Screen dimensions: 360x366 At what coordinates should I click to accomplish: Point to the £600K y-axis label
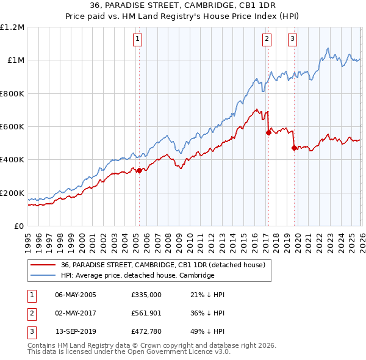coord(12,127)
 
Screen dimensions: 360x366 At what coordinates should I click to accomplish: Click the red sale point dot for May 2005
coord(139,170)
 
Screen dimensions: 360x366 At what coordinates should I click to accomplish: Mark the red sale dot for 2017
coord(268,132)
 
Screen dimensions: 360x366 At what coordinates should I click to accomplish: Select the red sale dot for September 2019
coord(293,147)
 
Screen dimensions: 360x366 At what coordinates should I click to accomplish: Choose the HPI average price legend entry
coord(137,275)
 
